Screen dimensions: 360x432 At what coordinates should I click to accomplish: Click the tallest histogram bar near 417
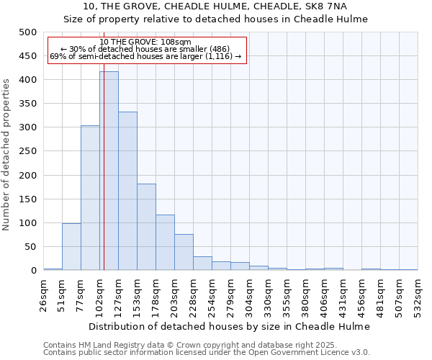(109, 171)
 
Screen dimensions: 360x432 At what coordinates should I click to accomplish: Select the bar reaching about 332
(127, 191)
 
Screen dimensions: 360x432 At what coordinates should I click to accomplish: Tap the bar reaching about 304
(90, 198)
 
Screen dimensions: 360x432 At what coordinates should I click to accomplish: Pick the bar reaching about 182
(146, 227)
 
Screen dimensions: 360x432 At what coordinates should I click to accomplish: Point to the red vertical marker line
(104, 180)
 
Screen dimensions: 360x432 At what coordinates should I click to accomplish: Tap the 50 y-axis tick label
(30, 246)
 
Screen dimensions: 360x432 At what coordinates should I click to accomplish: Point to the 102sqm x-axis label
(99, 294)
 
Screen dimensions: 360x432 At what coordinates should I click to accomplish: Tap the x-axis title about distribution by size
(230, 326)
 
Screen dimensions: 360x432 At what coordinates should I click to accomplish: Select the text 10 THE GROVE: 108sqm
(145, 42)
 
